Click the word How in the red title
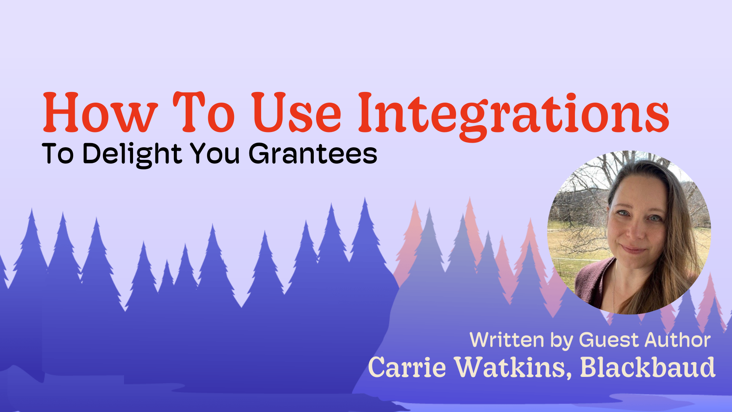tap(100, 113)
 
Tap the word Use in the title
tap(296, 113)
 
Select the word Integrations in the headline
tap(513, 114)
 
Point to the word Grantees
tap(313, 154)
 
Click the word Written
tap(507, 340)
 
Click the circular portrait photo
tap(629, 232)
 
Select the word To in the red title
tap(204, 113)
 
